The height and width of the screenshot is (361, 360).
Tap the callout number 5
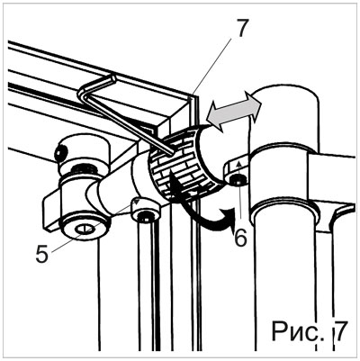pos(42,254)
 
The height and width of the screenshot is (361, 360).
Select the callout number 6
pos(240,237)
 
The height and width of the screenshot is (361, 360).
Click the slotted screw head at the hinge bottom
pos(85,230)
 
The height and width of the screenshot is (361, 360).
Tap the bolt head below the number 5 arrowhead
pos(145,217)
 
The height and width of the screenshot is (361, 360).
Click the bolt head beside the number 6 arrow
pos(238,180)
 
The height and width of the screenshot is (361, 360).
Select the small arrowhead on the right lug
pos(239,163)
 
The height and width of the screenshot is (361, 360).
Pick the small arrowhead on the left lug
pos(137,201)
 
